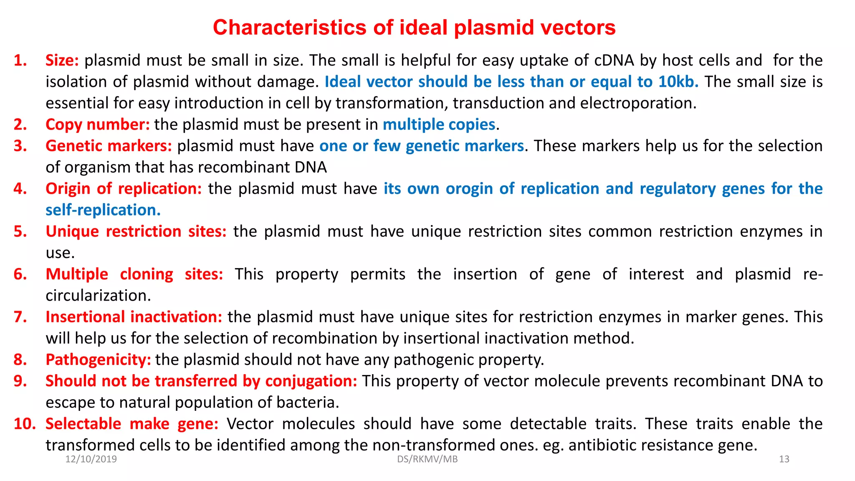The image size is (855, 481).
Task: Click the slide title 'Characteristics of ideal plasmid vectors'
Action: (414, 28)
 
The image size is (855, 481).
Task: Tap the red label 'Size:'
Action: (62, 61)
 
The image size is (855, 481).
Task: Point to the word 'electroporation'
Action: (638, 103)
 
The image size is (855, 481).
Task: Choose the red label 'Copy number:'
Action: (97, 124)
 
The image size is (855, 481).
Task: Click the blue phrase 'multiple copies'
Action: (439, 124)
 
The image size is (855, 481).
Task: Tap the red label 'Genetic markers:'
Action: (109, 146)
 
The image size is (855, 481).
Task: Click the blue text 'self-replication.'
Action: (103, 210)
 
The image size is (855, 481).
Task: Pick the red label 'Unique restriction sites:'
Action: (136, 231)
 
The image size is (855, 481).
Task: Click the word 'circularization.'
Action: (98, 296)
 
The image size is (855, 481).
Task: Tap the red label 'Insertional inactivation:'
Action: (134, 317)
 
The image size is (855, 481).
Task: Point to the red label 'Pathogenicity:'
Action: (98, 359)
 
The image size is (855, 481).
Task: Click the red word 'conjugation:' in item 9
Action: (311, 381)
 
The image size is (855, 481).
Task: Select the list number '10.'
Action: (25, 424)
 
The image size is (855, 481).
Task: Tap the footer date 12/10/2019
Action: (91, 459)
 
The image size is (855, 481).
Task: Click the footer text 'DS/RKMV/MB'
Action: (427, 459)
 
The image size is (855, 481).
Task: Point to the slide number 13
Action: (784, 459)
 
